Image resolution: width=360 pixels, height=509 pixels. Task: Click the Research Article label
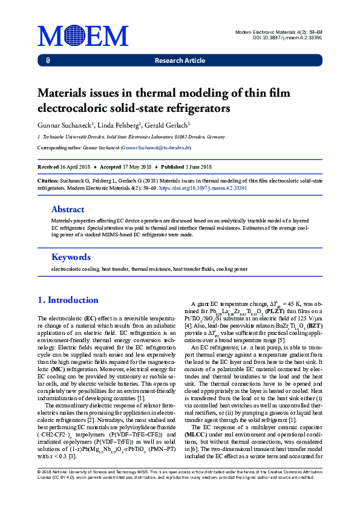(180, 61)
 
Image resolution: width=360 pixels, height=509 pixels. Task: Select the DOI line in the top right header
(287, 37)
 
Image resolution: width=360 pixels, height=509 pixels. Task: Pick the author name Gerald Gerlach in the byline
(168, 125)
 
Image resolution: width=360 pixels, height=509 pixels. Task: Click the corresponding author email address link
(156, 147)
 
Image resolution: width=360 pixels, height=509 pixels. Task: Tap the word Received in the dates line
(48, 167)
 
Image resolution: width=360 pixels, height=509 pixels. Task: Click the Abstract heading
(68, 209)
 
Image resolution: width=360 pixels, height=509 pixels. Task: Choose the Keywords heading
(71, 256)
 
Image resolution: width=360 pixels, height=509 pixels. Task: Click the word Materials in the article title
(65, 94)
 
